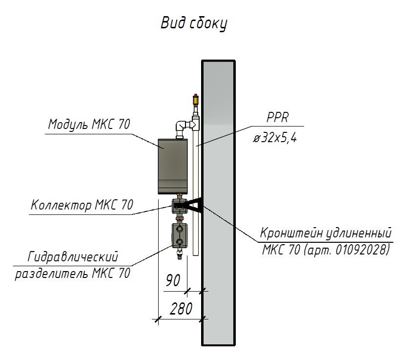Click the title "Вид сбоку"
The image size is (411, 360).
click(194, 23)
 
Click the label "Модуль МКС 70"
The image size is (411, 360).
click(89, 125)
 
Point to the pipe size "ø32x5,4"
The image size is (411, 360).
click(275, 138)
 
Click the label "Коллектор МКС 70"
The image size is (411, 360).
click(82, 205)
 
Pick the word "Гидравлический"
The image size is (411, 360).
click(73, 256)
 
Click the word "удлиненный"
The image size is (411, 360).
click(361, 233)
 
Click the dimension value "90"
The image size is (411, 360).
click(173, 280)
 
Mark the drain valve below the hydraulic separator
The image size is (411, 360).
click(179, 252)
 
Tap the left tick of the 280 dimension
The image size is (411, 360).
click(157, 320)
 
